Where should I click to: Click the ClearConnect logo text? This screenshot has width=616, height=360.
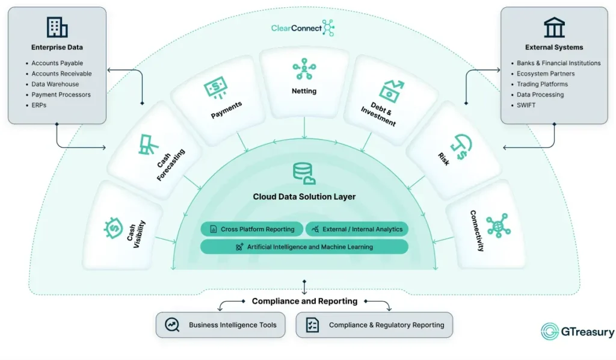[295, 28]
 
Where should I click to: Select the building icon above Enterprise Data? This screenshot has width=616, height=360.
[57, 27]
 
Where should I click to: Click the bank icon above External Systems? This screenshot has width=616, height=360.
[554, 27]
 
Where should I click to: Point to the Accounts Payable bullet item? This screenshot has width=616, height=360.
[57, 63]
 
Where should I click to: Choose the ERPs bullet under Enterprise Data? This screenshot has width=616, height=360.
[39, 105]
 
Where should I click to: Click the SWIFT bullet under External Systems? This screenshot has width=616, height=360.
[526, 105]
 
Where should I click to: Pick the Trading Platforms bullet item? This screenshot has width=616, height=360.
[542, 84]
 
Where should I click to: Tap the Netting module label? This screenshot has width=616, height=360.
[304, 92]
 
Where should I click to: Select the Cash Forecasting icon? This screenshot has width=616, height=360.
[149, 143]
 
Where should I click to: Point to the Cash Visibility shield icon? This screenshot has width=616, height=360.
[112, 228]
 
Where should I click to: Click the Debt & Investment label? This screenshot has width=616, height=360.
[379, 114]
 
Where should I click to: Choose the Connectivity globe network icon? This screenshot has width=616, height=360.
[498, 226]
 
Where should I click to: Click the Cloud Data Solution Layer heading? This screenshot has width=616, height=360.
[304, 197]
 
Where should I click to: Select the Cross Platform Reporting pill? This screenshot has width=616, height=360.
[251, 229]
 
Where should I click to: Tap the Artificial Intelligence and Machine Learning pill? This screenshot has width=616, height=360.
[304, 247]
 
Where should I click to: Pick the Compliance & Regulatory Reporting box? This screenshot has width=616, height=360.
[374, 325]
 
